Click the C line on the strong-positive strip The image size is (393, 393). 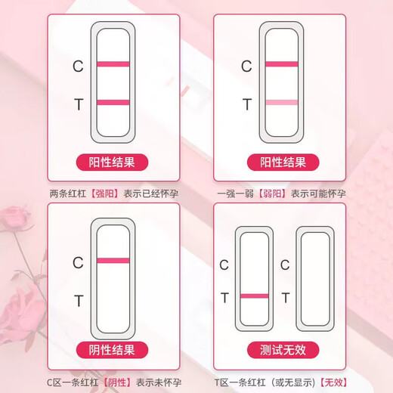(113, 63)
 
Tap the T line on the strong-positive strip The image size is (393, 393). (113, 102)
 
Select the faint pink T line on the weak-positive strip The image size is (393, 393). (282, 102)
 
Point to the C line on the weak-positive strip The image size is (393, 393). (282, 63)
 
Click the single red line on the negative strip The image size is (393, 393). (113, 260)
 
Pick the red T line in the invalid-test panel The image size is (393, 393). (254, 296)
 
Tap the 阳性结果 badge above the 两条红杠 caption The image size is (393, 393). (113, 162)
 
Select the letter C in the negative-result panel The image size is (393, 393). (78, 263)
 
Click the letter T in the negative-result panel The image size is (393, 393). (78, 301)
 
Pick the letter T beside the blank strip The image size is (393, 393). (285, 298)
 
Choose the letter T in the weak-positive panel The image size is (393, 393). (246, 104)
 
